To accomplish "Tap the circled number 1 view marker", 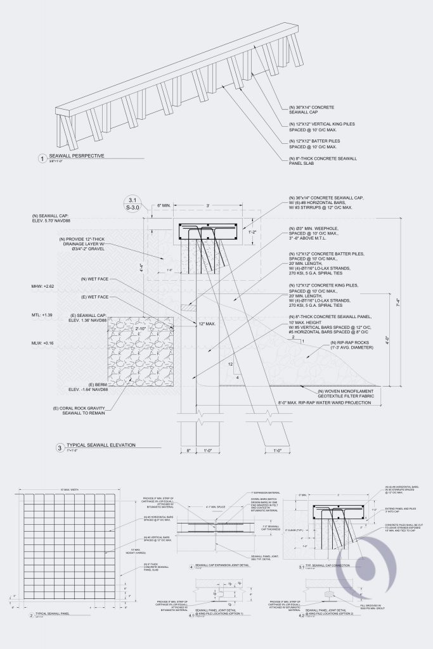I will click(x=42, y=158).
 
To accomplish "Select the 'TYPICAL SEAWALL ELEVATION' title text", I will click(x=96, y=446).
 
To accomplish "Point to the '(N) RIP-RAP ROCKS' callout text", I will click(x=352, y=345).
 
